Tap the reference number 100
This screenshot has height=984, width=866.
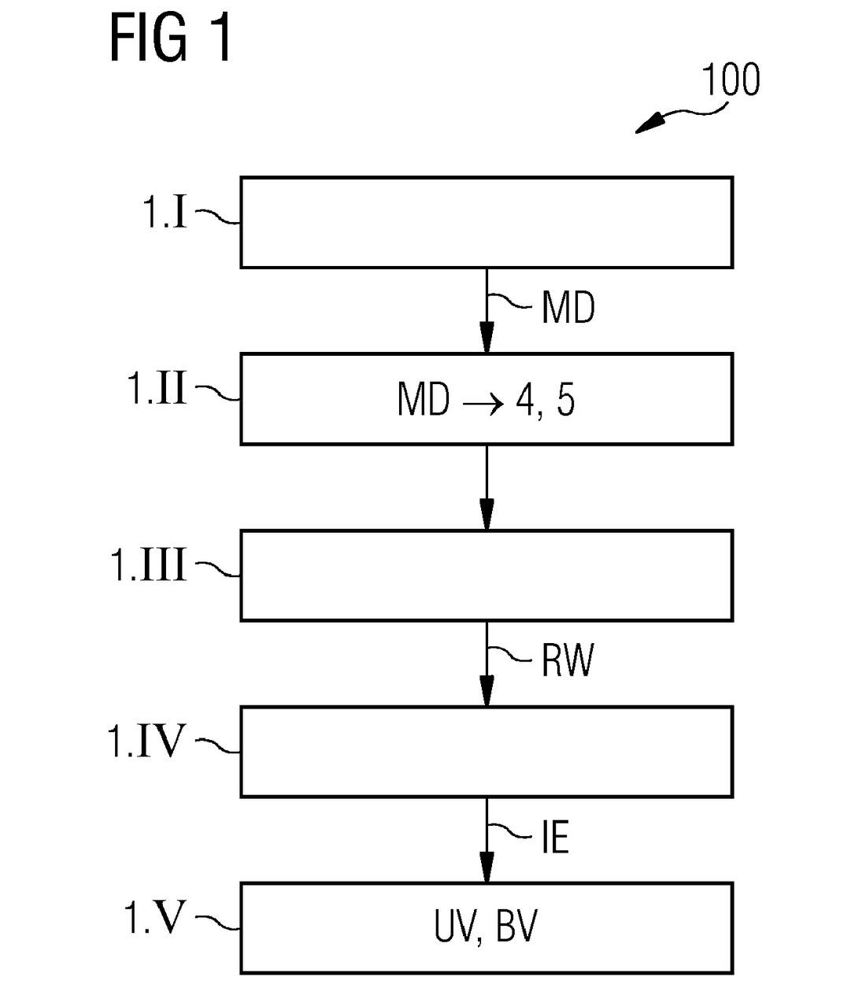click(x=730, y=80)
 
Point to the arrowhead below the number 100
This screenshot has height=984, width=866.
click(x=649, y=124)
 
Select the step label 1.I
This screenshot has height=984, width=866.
click(x=165, y=211)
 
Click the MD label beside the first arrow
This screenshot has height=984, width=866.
click(x=568, y=308)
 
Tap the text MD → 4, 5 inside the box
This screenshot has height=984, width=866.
click(x=486, y=400)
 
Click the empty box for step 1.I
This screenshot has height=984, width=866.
click(x=487, y=223)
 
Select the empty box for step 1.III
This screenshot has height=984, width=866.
click(x=487, y=575)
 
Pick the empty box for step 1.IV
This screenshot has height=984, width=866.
click(x=487, y=752)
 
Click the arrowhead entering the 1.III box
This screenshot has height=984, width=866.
click(x=487, y=514)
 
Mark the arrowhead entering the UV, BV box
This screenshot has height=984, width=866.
click(x=487, y=867)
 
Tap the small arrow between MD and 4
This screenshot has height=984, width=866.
click(x=483, y=404)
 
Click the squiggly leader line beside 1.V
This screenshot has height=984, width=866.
click(x=217, y=922)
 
